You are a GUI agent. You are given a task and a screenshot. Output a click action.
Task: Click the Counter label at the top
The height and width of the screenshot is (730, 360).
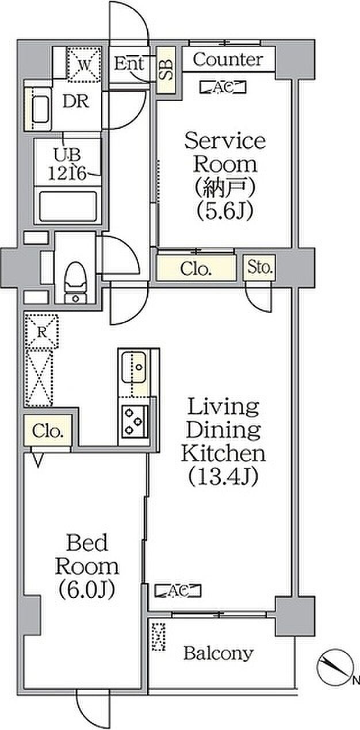[228, 60]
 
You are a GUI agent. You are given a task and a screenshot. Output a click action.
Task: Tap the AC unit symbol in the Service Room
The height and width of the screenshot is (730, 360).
[223, 87]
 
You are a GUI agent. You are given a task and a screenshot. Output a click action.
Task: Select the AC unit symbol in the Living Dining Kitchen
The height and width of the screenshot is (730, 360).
[178, 590]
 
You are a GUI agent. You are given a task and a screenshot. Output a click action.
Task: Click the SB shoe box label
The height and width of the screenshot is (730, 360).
[166, 70]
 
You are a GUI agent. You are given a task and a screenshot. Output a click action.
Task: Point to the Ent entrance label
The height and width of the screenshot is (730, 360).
[129, 64]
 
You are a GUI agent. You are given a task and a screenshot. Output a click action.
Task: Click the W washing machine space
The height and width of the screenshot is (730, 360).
[84, 64]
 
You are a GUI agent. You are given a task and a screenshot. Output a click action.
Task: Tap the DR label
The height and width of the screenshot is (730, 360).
[76, 101]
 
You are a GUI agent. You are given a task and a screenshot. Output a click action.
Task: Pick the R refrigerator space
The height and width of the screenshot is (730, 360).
[42, 332]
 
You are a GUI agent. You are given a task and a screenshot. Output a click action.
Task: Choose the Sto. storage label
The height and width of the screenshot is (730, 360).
[259, 267]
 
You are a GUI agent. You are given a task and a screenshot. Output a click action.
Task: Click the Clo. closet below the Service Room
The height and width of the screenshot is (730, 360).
[196, 269]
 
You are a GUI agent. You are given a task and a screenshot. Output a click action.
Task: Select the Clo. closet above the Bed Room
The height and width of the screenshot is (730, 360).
[48, 431]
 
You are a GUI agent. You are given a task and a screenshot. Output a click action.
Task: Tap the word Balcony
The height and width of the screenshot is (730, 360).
[219, 654]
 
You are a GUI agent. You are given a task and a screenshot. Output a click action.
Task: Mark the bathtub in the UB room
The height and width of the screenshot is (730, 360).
[68, 206]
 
